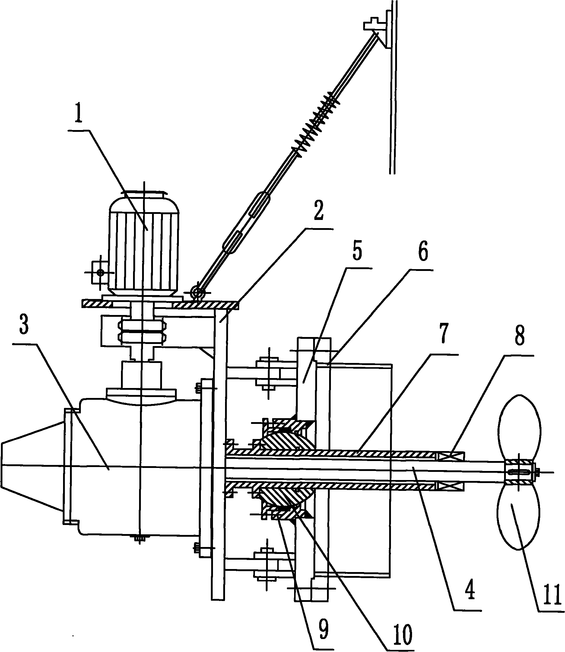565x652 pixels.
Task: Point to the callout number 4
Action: pos(469,590)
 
